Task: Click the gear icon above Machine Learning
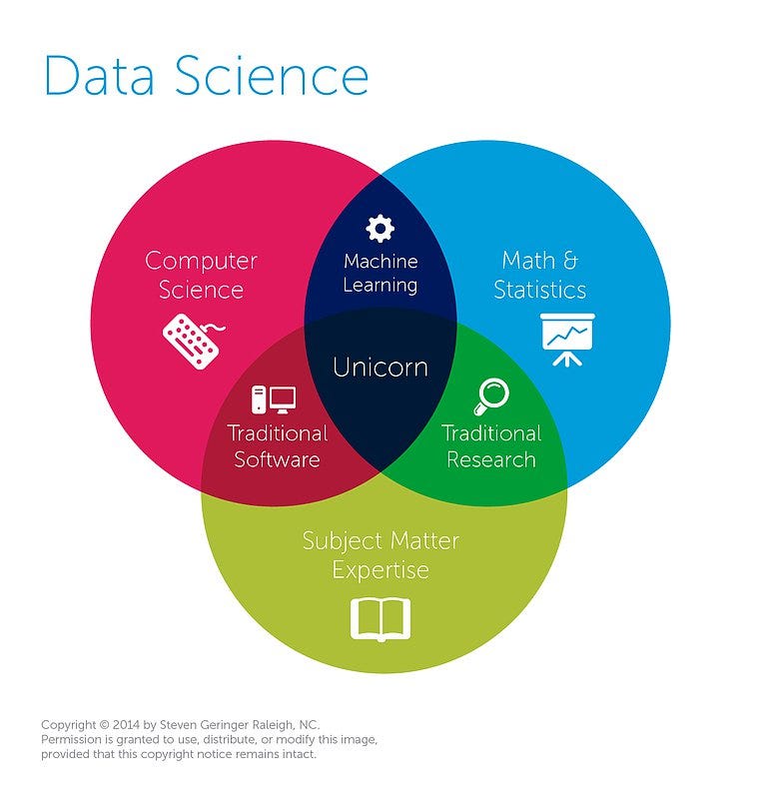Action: click(380, 229)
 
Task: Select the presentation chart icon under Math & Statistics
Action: click(567, 338)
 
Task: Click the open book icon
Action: click(381, 618)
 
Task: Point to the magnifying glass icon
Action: click(490, 397)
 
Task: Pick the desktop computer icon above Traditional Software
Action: click(274, 399)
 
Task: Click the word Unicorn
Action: click(380, 367)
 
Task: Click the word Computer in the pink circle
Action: click(201, 261)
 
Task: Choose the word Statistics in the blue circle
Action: click(540, 290)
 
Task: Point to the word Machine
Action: click(381, 261)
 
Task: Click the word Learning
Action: click(381, 285)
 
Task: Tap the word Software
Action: click(277, 459)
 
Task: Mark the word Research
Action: click(491, 459)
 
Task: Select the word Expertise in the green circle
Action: click(381, 570)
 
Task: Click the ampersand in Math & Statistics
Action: click(569, 261)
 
